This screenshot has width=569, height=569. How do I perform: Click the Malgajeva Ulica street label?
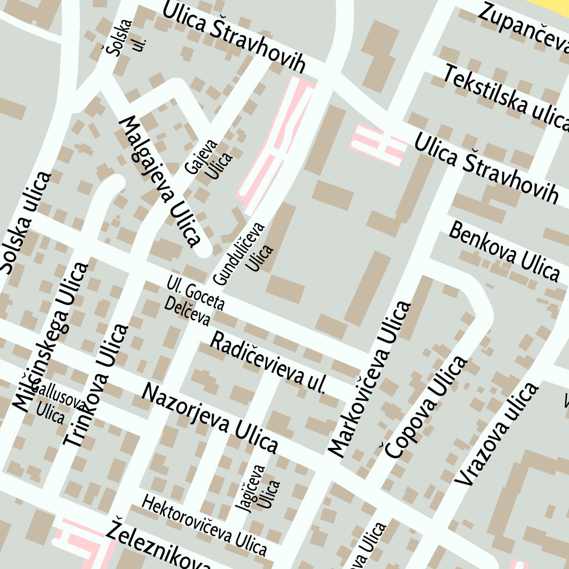tap(159, 181)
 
